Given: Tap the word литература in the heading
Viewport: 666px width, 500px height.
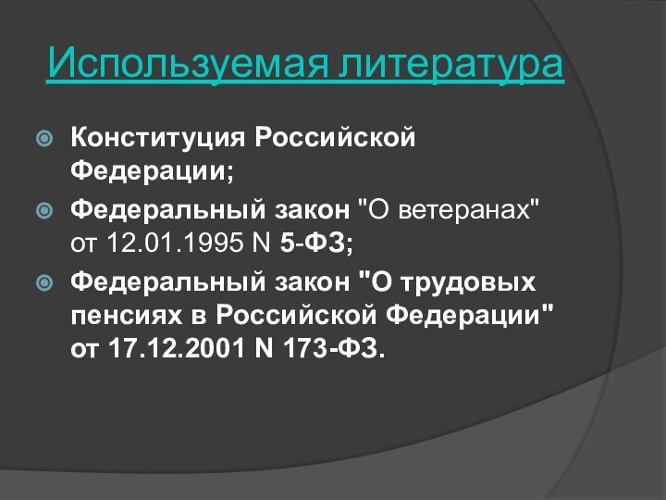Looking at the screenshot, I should [x=450, y=64].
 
